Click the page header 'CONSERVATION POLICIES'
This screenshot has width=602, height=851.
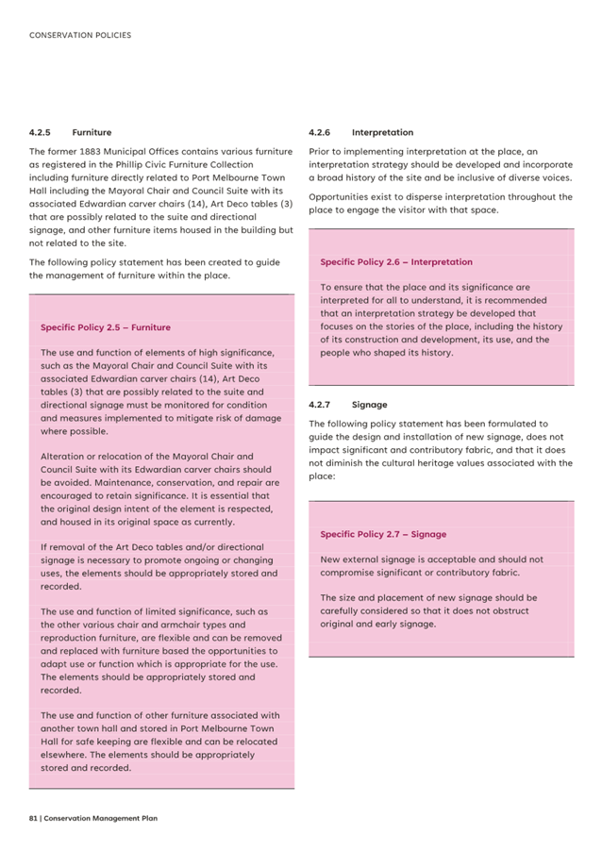80,36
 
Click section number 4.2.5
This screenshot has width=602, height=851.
40,133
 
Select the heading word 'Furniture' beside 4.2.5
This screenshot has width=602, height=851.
92,133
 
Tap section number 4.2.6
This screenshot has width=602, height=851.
319,133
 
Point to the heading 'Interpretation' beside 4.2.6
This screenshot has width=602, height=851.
382,133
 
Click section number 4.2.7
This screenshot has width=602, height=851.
319,405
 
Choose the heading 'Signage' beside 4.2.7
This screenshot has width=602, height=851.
369,405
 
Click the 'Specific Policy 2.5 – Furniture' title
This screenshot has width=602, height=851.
106,327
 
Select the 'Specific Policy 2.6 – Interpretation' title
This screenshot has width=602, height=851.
396,262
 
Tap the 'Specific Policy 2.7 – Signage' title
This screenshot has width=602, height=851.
383,534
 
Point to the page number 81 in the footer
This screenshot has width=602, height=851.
33,818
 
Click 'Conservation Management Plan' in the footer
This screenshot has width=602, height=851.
100,818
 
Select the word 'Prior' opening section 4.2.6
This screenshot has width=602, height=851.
320,151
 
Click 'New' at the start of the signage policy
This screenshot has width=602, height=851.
330,559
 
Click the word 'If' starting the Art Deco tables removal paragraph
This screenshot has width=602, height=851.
44,547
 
